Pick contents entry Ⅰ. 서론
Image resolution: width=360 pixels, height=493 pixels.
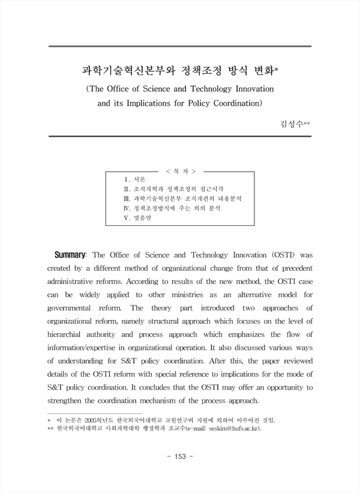tap(134, 179)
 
